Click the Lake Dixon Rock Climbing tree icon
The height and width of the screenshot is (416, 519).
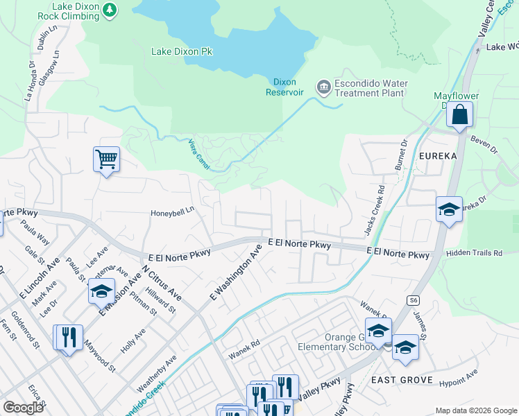tap(110, 10)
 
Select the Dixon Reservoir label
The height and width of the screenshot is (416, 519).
tap(285, 86)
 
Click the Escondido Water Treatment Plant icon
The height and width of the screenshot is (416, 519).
tap(323, 87)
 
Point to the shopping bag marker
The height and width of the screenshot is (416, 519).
tap(460, 115)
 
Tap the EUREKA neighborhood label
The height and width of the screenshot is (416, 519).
tap(438, 156)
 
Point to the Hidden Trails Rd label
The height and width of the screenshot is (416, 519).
tap(474, 254)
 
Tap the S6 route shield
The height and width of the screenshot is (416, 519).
tap(414, 300)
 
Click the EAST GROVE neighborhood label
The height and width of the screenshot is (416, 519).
tap(402, 380)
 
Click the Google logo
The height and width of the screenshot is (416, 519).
tap(23, 408)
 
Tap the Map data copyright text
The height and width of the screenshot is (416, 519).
tap(475, 410)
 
